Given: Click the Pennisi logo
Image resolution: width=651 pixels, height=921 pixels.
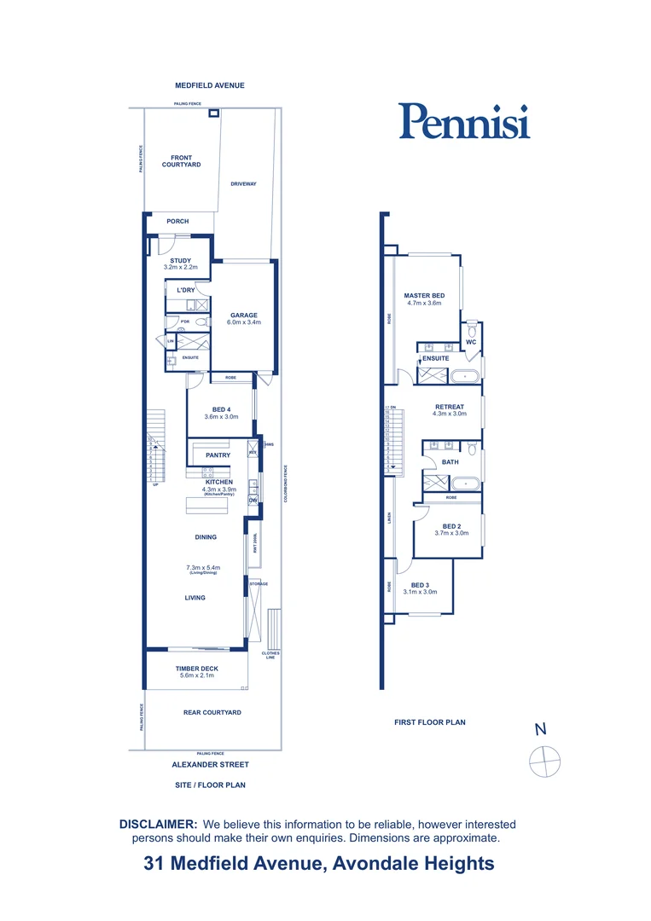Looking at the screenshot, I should (x=464, y=121).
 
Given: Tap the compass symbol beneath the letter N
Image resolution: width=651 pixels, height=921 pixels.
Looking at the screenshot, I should (x=544, y=760).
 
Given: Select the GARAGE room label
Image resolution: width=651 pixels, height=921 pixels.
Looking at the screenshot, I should (x=243, y=315).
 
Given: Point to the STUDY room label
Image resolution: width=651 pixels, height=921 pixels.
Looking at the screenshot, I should (x=180, y=261).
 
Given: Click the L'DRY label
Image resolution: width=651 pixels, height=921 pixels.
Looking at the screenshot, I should (x=186, y=291).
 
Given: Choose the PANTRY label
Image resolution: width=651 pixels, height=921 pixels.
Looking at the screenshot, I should (x=218, y=455).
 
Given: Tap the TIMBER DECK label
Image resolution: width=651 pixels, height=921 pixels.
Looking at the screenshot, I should (x=196, y=669).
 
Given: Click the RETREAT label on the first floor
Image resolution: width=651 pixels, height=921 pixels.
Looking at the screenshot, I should (x=450, y=407).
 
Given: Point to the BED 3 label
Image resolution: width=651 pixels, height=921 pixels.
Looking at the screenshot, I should (x=420, y=584).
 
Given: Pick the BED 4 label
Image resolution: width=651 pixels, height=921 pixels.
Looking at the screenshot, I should (x=221, y=409).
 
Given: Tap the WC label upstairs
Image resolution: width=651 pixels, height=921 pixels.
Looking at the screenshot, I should (x=470, y=342).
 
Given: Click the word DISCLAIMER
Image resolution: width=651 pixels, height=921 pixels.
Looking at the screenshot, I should (x=159, y=825).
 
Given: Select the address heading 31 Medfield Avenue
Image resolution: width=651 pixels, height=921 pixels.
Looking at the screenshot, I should (x=318, y=863).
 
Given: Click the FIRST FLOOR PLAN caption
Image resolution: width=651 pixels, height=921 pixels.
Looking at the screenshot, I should (x=429, y=722).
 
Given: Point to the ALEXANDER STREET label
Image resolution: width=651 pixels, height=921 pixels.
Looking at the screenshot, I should (x=210, y=765).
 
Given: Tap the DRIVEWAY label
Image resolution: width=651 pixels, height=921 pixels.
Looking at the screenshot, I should (x=243, y=184).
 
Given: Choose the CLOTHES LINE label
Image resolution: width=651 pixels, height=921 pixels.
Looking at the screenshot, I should (x=270, y=655).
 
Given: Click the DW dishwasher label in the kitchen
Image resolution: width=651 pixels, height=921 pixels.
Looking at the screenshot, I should (x=253, y=500).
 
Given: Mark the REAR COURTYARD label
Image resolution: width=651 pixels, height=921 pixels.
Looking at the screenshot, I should (x=212, y=712).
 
